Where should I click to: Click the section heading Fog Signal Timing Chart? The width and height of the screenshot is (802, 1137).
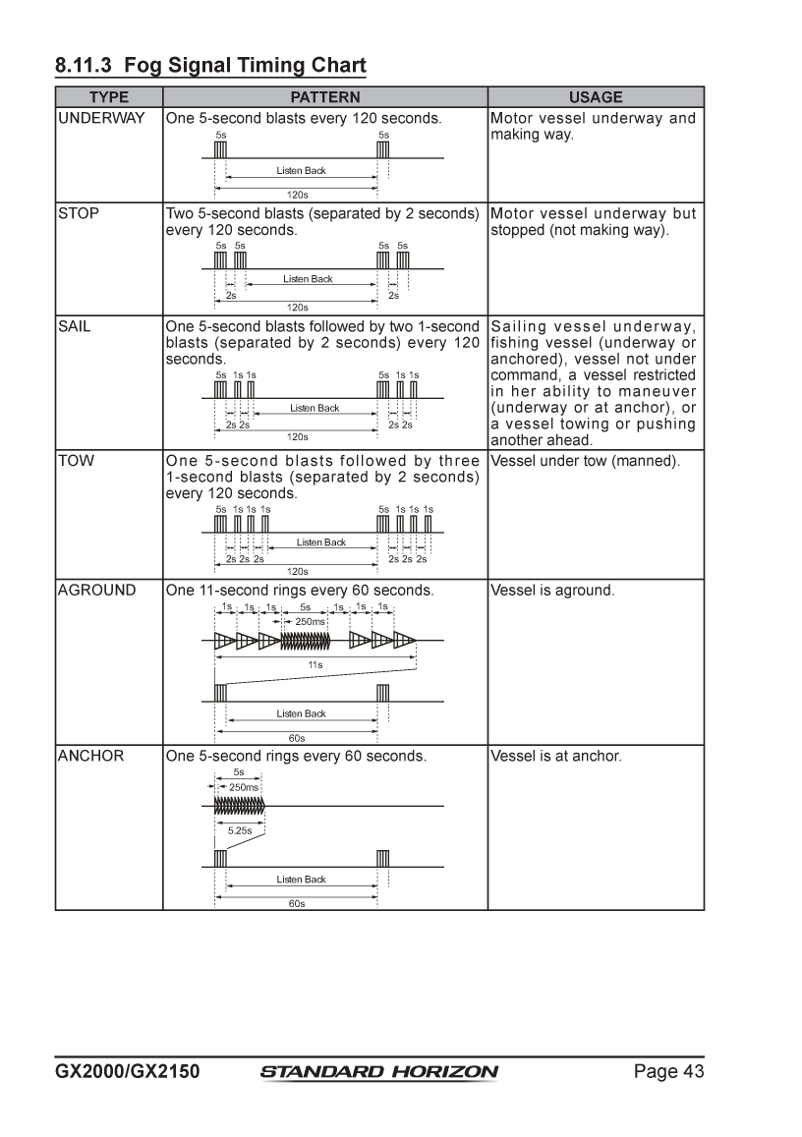click(x=210, y=66)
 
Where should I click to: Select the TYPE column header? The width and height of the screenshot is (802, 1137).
click(x=109, y=97)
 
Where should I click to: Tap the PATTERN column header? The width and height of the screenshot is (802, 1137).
click(x=325, y=97)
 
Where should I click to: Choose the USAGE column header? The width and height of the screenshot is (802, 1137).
click(x=596, y=97)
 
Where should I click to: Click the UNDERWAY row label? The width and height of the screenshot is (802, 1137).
click(x=101, y=118)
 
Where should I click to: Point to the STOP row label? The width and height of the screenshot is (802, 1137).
click(x=79, y=213)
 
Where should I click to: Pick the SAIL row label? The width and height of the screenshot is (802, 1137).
click(x=75, y=326)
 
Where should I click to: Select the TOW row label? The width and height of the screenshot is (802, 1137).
click(x=76, y=461)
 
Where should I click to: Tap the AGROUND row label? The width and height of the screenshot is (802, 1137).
click(x=96, y=591)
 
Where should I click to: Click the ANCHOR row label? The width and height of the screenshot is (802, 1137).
click(x=90, y=756)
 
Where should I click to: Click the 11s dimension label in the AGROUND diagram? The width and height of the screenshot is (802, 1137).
click(x=315, y=665)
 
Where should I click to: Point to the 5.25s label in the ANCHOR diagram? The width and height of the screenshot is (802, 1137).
click(x=240, y=831)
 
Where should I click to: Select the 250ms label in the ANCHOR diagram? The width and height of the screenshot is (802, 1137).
click(x=244, y=787)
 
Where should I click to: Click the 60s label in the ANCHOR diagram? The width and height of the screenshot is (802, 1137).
click(x=297, y=903)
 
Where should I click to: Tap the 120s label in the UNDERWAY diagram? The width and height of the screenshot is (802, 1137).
click(x=297, y=195)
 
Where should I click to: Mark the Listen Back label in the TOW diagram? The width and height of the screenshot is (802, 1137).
click(x=321, y=542)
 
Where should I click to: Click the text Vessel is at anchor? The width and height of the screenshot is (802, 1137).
click(x=556, y=756)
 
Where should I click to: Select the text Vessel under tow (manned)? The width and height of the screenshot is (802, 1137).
click(x=585, y=461)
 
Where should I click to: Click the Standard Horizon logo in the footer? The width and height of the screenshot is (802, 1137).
click(x=379, y=1072)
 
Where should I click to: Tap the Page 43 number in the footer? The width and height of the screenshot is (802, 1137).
click(x=668, y=1072)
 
